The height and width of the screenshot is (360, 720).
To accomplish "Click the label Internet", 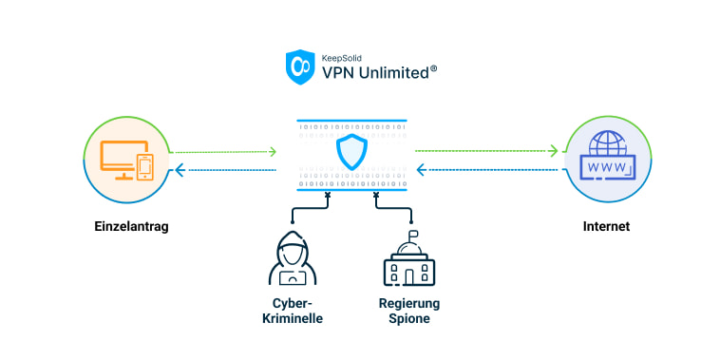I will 605,228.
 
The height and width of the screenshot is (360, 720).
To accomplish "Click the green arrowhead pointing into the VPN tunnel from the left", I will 273,151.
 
